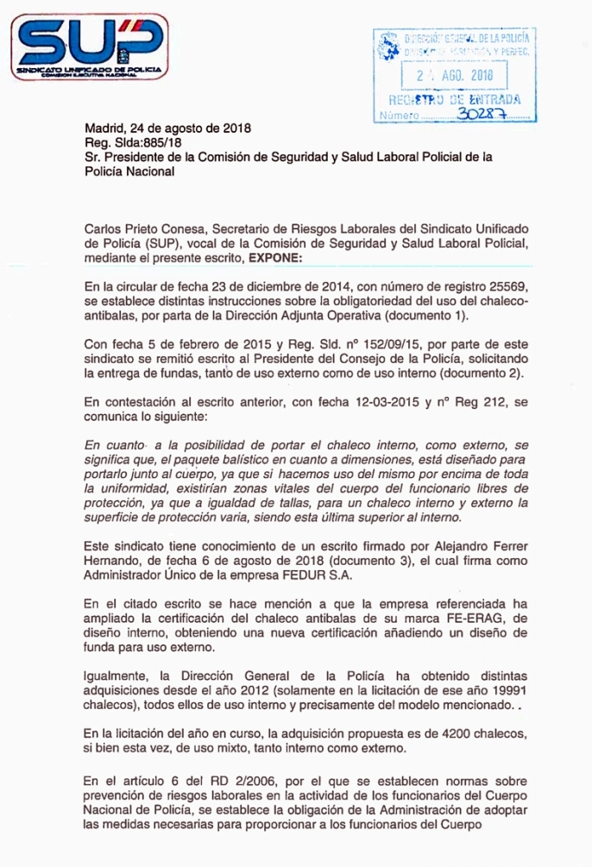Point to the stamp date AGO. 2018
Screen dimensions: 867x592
[467, 76]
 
